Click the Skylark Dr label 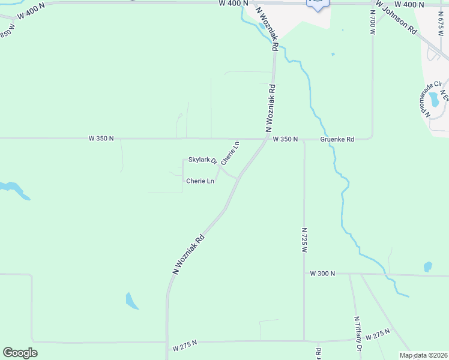(x=202, y=160)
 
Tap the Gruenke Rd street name (x=337, y=139)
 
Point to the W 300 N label (x=322, y=274)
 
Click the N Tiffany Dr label (x=358, y=334)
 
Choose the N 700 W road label (x=373, y=27)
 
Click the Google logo (x=20, y=353)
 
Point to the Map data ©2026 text (x=423, y=355)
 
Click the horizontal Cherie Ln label (x=200, y=181)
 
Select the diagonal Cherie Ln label (x=231, y=153)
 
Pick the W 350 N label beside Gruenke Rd (x=285, y=139)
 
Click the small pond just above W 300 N (x=428, y=266)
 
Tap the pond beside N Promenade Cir (x=433, y=98)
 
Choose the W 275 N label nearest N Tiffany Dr (x=378, y=334)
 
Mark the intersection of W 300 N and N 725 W (x=304, y=274)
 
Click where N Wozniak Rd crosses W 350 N (x=268, y=139)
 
